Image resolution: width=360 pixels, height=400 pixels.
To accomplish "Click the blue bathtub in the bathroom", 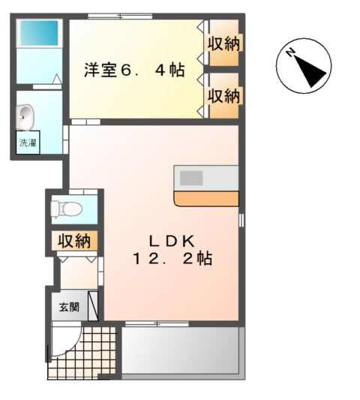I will tap(38, 32).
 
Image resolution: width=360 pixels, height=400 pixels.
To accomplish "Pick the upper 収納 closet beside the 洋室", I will tap(223, 43).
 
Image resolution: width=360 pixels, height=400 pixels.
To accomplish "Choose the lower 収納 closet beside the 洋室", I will tap(223, 95).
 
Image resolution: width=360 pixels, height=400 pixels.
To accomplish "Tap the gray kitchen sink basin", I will tap(191, 178).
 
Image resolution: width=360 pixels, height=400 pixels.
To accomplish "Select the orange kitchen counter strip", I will tap(206, 199).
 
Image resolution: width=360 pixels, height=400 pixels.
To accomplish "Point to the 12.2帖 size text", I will tap(172, 259).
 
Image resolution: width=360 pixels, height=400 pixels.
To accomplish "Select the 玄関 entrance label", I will tap(68, 308).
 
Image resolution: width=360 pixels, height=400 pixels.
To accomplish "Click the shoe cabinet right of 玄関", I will tap(93, 307).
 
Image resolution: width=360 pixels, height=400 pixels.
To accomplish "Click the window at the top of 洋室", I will tap(119, 16).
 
